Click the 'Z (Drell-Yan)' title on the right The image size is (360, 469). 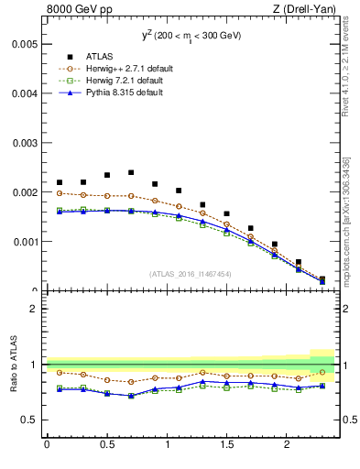coord(308,10)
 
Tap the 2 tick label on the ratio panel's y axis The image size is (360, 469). coord(33,309)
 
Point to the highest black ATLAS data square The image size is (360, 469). coord(131,172)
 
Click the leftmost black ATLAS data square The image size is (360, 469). coord(60,182)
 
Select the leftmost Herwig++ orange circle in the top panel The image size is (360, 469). coord(60,193)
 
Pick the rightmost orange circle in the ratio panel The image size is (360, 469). coord(322,372)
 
